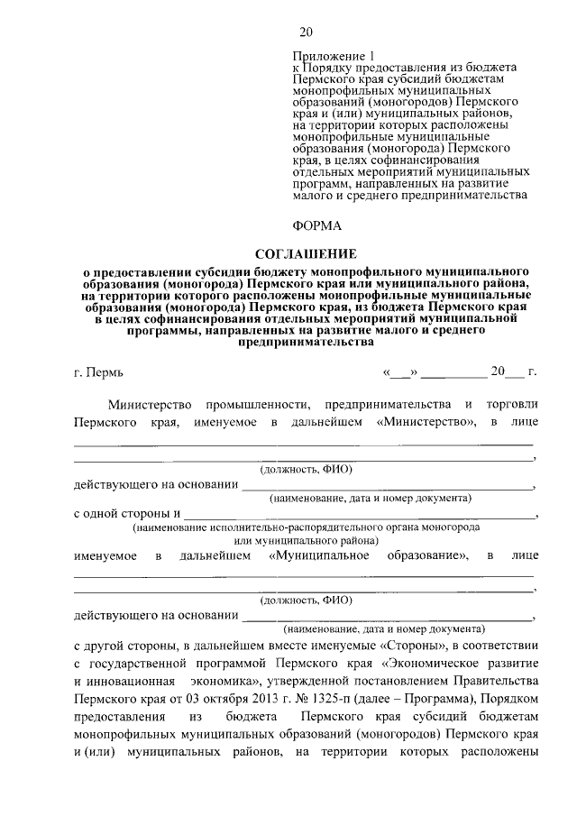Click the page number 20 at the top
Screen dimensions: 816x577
pyautogui.click(x=306, y=33)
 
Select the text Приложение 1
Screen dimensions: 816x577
pyautogui.click(x=324, y=56)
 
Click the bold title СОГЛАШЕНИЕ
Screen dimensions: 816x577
pyautogui.click(x=306, y=253)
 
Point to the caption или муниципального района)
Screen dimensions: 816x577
pyautogui.click(x=306, y=539)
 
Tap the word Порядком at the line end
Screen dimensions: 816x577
pyautogui.click(x=509, y=698)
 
